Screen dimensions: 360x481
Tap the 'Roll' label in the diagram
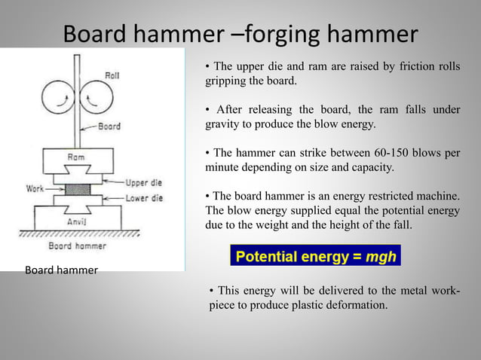[x=112, y=75]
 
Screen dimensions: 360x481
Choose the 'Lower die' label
[x=144, y=198]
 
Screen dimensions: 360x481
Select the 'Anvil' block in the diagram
[x=76, y=221]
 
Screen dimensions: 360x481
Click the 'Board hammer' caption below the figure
[x=61, y=270]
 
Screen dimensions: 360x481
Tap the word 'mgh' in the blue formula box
[x=381, y=256]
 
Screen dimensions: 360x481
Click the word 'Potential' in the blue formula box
[x=265, y=256]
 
